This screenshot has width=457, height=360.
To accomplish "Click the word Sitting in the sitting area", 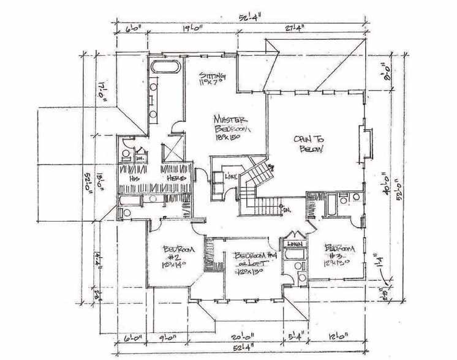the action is pyautogui.click(x=213, y=75).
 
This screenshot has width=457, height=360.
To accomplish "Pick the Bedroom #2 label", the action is pyautogui.click(x=179, y=253).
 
